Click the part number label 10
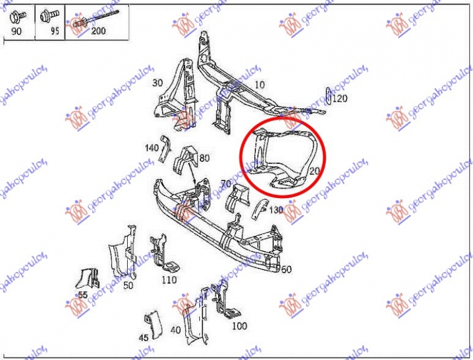[x=259, y=85]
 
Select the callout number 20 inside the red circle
[x=314, y=171]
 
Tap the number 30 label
[x=157, y=82]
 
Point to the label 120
[x=340, y=99]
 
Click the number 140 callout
[x=151, y=147]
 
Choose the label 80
[x=205, y=158]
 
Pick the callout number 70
[x=225, y=184]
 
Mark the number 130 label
[x=276, y=209]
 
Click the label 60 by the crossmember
[x=286, y=270]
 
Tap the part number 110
[x=170, y=280]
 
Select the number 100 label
[x=239, y=326]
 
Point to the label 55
[x=82, y=294]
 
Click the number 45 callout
[x=144, y=338]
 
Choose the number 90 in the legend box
[x=16, y=31]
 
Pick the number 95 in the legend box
[x=54, y=31]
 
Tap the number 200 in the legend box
[x=99, y=31]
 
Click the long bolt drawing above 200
[x=101, y=18]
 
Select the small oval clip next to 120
[x=329, y=96]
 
